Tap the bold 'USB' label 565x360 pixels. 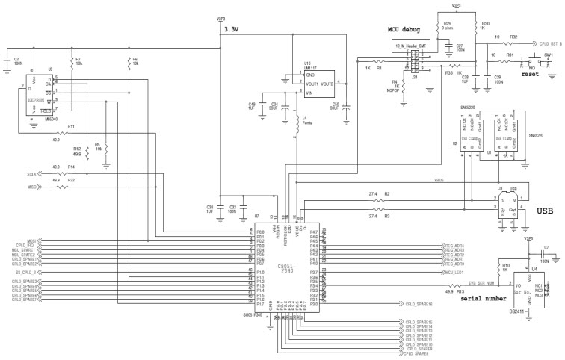(545, 211)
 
